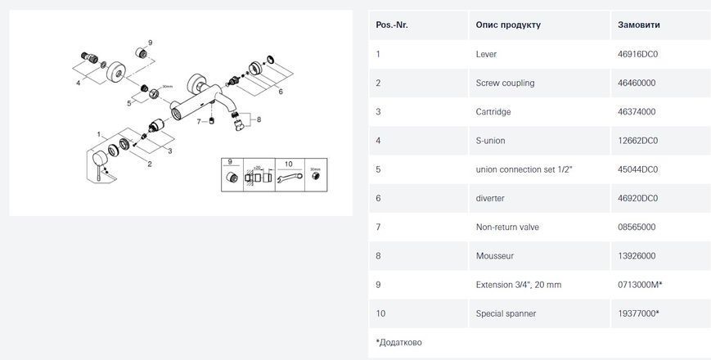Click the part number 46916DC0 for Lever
(637, 54)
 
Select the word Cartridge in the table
(493, 112)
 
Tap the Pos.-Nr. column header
(392, 25)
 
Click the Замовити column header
(638, 25)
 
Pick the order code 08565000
(637, 227)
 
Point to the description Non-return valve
(507, 227)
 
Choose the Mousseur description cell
(495, 256)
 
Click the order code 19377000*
(638, 313)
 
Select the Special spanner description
(506, 313)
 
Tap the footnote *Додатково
(398, 342)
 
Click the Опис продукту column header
(508, 25)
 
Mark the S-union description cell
(490, 141)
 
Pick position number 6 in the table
(378, 198)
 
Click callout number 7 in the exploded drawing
(199, 122)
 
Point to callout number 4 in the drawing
(79, 83)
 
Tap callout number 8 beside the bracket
(259, 119)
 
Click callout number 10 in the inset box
(289, 164)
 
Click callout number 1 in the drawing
(98, 134)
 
